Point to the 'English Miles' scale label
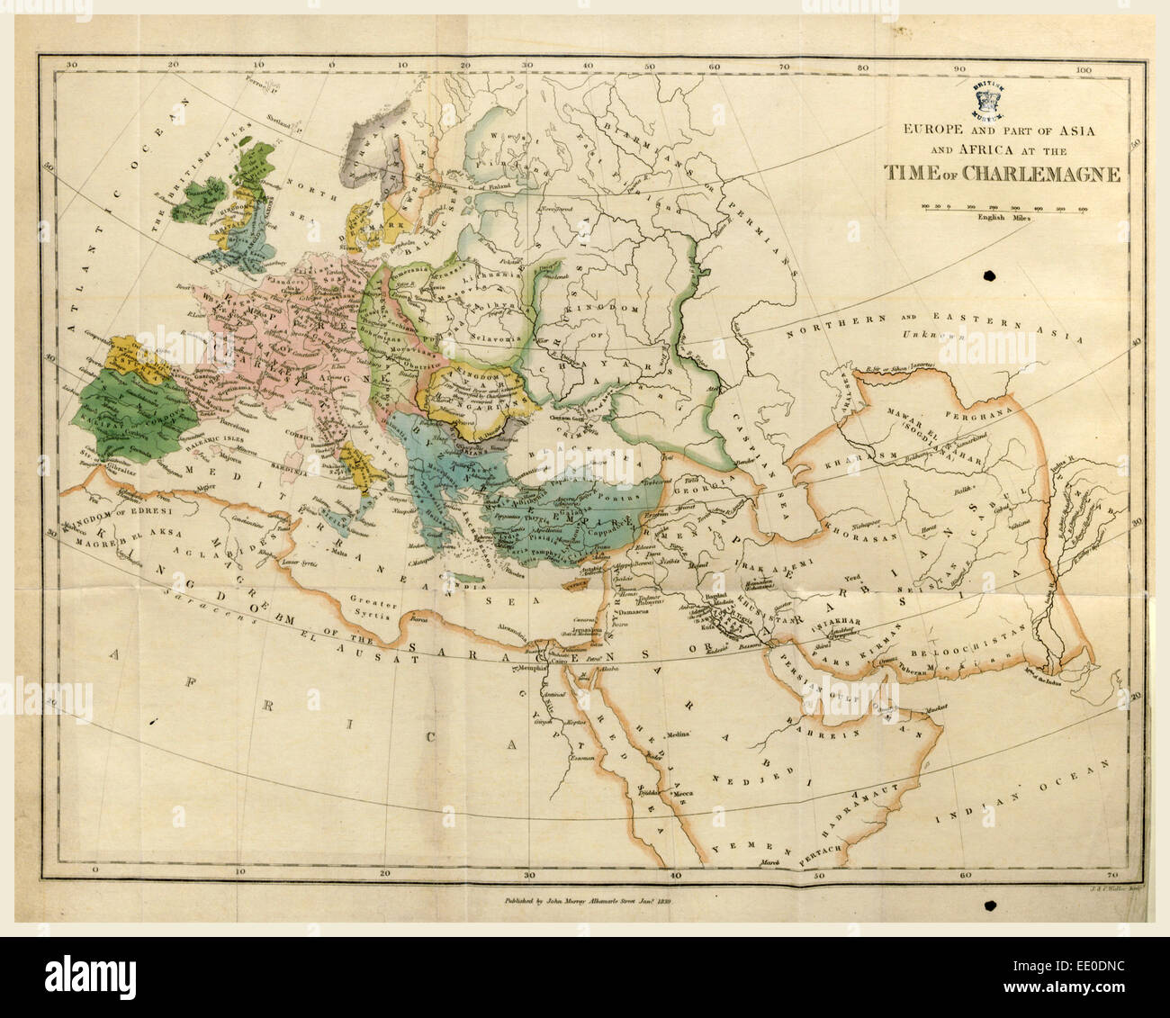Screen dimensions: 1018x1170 (1002, 218)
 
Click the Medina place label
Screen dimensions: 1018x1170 (679, 734)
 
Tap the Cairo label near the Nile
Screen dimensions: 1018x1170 (545, 660)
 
